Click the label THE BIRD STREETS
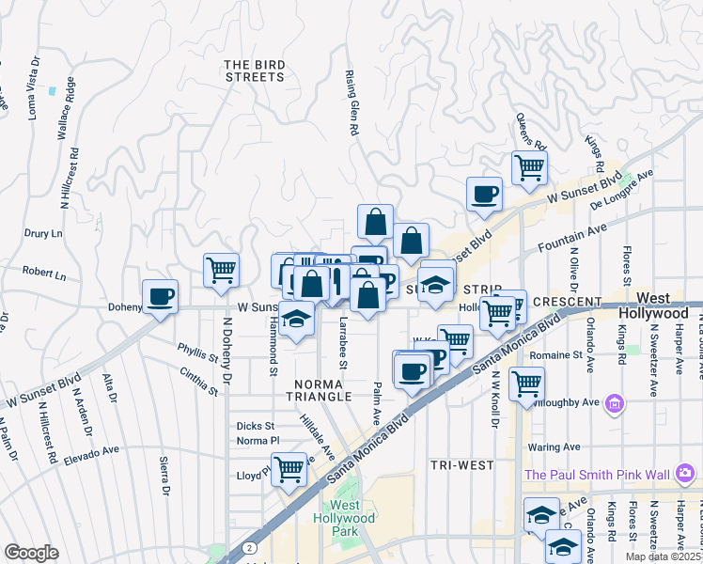coord(255,70)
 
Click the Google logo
coord(31,553)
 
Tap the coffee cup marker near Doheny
coord(160,298)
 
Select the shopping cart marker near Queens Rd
coord(529,167)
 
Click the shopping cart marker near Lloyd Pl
coord(289,467)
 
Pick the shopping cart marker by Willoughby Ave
coord(526,383)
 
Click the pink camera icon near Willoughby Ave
coord(615,403)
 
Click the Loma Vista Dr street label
coord(33,87)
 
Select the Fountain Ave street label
coord(576,231)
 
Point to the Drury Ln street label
coord(44,233)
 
